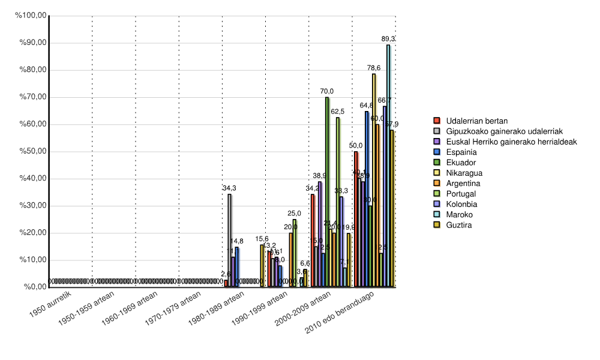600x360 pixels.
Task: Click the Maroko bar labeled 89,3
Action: [388, 166]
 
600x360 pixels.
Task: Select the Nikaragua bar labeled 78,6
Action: [374, 180]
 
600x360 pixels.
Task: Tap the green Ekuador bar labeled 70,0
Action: [327, 192]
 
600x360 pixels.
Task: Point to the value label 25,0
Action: [295, 214]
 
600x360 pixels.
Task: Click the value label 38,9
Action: [320, 176]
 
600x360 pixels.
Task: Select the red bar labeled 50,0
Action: [356, 219]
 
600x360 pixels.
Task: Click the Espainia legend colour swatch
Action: [437, 152]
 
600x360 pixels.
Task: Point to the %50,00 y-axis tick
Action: [33, 151]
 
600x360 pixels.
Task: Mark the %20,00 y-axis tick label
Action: [33, 233]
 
